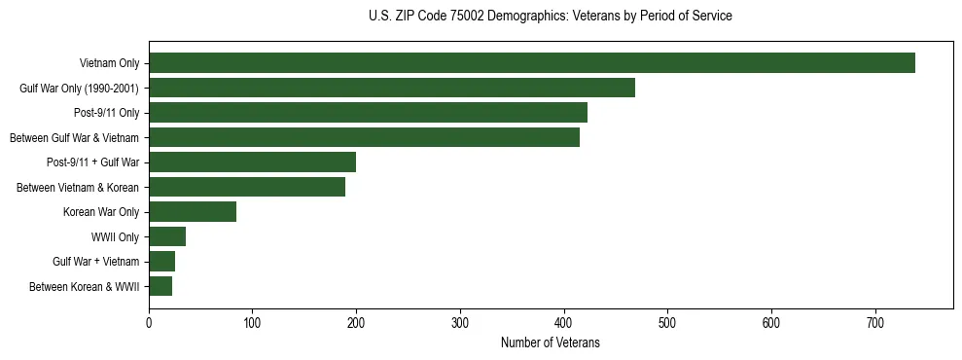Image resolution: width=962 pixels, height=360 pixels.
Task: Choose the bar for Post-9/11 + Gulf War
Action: click(252, 162)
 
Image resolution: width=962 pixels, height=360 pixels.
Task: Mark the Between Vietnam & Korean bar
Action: click(247, 187)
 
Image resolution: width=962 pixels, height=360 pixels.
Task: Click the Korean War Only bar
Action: click(193, 212)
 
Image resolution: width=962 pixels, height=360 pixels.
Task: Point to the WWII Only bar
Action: click(167, 236)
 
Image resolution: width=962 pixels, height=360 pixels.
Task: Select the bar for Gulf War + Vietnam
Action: click(161, 262)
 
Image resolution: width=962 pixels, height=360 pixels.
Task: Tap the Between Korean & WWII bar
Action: click(160, 286)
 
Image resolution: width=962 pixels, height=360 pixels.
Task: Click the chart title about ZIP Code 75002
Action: click(551, 17)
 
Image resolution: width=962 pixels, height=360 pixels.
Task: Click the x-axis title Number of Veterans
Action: click(551, 343)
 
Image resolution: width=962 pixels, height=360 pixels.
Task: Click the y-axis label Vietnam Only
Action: click(109, 64)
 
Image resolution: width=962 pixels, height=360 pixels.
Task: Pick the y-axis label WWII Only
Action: click(115, 237)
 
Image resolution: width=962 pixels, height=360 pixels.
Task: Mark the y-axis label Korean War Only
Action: click(101, 212)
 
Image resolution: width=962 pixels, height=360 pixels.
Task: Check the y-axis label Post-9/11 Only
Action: click(106, 114)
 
